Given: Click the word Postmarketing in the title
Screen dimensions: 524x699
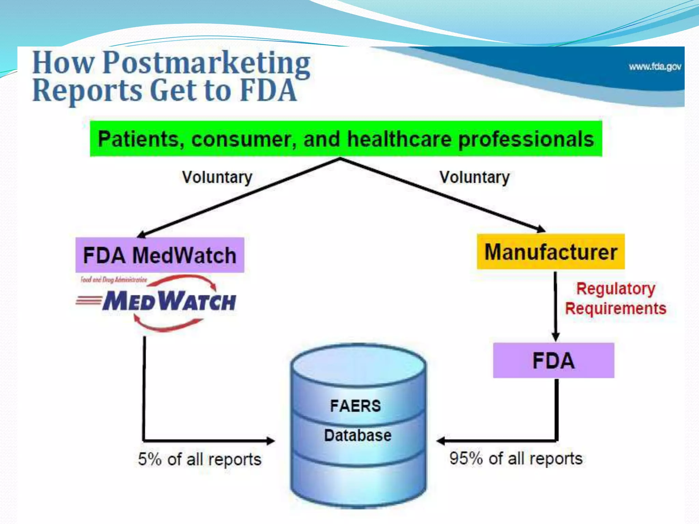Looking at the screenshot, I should click(x=206, y=63).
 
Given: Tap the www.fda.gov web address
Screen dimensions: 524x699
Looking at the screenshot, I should click(x=655, y=67).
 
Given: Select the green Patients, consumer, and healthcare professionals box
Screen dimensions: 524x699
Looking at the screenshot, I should click(x=346, y=139).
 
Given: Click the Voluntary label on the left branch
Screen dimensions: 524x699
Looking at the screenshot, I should click(x=217, y=177).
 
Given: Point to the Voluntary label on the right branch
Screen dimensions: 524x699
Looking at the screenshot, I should click(x=474, y=177).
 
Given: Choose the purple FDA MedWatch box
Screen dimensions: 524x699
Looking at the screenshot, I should click(x=160, y=255).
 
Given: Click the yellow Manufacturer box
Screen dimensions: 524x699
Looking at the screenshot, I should click(x=551, y=252).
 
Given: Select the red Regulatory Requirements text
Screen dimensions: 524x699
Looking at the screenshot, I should click(x=615, y=299).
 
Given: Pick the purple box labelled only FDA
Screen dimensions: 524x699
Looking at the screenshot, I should click(x=553, y=361).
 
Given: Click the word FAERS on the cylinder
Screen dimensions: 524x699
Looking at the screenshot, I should click(x=355, y=406).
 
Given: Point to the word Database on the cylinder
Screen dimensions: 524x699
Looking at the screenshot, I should click(x=358, y=435).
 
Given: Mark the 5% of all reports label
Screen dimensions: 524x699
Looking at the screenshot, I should click(x=200, y=459).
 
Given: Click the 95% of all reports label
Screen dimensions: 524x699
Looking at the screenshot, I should click(x=516, y=458).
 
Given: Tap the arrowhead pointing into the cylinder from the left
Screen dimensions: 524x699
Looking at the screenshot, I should click(x=271, y=441).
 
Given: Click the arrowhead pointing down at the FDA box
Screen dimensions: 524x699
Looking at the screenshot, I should click(x=556, y=337).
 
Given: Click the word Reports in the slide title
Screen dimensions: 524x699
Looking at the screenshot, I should click(x=87, y=91).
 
